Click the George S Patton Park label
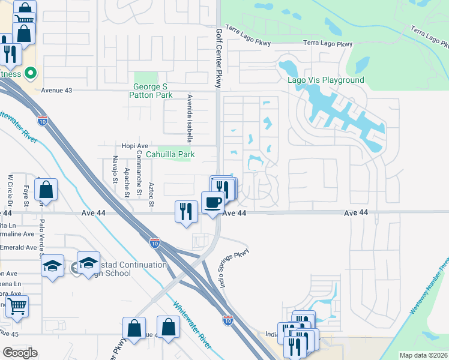click(x=152, y=91)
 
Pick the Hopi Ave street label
click(x=134, y=146)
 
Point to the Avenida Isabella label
click(x=190, y=113)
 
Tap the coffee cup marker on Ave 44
click(x=212, y=203)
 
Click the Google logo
click(x=20, y=352)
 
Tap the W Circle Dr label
click(x=10, y=190)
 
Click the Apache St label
click(x=127, y=182)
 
